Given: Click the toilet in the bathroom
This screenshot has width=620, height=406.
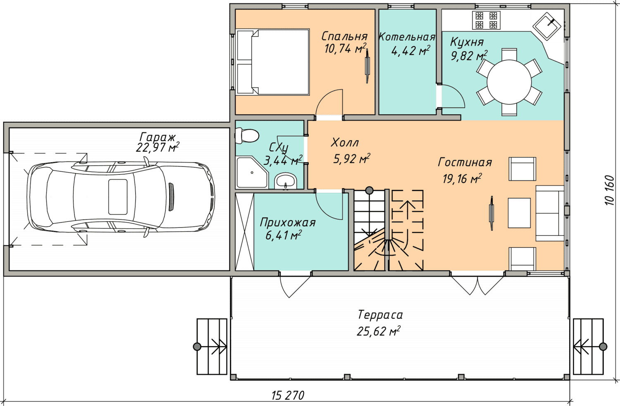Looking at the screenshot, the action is (x=247, y=135).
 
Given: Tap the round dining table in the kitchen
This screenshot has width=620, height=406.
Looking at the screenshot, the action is (x=509, y=82).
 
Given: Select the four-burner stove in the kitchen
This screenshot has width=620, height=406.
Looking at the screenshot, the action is (x=486, y=20).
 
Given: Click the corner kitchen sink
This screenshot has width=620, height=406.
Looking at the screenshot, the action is (x=547, y=26).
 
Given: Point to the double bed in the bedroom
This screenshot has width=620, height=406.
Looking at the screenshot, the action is (x=272, y=62).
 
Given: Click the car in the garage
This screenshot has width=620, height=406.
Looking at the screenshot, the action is (x=121, y=197).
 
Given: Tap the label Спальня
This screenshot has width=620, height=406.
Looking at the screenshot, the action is (x=345, y=36).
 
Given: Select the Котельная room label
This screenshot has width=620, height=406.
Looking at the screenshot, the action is (x=407, y=37).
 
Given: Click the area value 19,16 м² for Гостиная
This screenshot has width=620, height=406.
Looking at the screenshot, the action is (x=462, y=179).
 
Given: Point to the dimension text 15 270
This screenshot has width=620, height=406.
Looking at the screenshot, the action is (x=288, y=396).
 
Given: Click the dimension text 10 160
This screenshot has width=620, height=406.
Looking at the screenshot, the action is (x=610, y=190).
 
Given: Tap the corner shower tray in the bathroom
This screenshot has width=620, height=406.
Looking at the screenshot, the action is (x=252, y=173).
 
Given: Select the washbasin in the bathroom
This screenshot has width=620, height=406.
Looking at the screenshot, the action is (x=285, y=181).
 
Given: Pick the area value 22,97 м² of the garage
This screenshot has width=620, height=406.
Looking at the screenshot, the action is (x=157, y=147).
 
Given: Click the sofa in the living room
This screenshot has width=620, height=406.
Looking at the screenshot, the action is (x=550, y=213).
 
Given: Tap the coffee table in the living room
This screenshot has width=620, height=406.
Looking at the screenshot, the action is (x=519, y=213).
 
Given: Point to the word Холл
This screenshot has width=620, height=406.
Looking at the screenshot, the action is (x=345, y=143).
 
